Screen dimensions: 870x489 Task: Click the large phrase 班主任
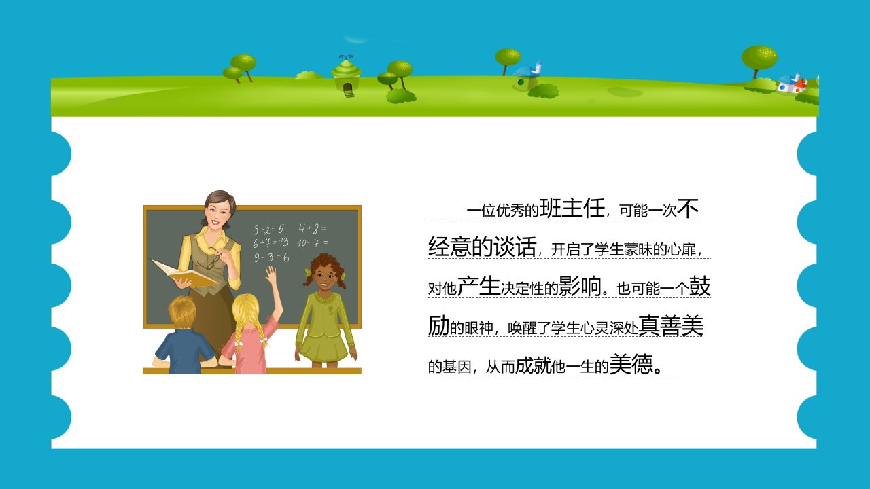click(572, 209)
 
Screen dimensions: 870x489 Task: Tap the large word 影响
click(580, 287)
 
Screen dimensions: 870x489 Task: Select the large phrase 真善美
click(671, 325)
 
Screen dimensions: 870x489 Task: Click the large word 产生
click(478, 287)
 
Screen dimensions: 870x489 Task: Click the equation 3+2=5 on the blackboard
click(268, 230)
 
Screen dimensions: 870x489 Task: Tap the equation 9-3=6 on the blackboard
click(271, 257)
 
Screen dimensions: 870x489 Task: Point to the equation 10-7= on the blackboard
click(313, 243)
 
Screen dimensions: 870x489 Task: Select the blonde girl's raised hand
click(271, 275)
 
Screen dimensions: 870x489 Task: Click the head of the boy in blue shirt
click(182, 312)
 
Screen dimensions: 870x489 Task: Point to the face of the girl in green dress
click(324, 276)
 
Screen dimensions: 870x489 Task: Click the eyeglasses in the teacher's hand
click(213, 259)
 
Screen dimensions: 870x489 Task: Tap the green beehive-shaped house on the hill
click(347, 77)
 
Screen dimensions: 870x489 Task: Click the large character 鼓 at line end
click(700, 287)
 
